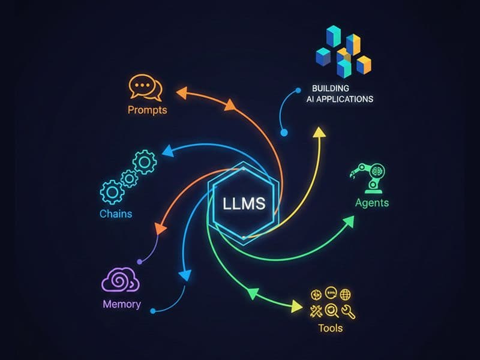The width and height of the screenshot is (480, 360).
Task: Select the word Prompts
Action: pos(147,110)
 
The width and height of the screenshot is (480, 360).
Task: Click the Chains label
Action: pos(116,214)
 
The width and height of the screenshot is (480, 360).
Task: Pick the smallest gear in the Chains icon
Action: pos(129,178)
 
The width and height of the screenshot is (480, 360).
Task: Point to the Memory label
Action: pos(121,304)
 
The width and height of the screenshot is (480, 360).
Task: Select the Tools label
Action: pos(331,328)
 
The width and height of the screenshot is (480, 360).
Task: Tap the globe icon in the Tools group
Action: pos(346,294)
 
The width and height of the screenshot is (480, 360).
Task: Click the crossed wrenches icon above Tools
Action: pos(315,311)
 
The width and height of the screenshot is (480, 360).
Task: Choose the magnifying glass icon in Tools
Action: pos(331,311)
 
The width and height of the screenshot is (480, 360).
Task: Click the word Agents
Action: pos(371,202)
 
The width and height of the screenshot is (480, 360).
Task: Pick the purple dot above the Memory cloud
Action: pos(140,262)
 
